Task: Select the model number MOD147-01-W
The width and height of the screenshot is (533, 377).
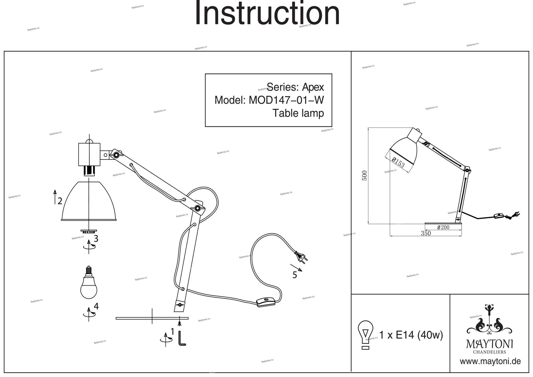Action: coord(286,100)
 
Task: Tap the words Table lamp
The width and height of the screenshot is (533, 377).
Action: coord(298,113)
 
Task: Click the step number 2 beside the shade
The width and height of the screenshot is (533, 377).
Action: coord(60,201)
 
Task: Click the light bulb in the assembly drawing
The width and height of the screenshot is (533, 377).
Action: coord(89,284)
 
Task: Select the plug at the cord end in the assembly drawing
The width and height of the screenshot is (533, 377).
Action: coord(301,256)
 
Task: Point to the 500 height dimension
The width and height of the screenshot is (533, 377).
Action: coord(365,175)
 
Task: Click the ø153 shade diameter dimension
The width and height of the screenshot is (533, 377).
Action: coord(398,162)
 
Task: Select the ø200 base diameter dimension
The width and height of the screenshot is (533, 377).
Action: coord(443,227)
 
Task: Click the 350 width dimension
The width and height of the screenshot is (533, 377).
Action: coord(426,234)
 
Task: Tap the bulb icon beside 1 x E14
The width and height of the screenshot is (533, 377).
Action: coord(366,334)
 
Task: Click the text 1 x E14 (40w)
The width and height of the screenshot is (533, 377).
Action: coord(411,335)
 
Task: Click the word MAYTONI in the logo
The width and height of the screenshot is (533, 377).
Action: coord(489,344)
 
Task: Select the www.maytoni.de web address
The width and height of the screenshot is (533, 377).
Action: coord(490,362)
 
